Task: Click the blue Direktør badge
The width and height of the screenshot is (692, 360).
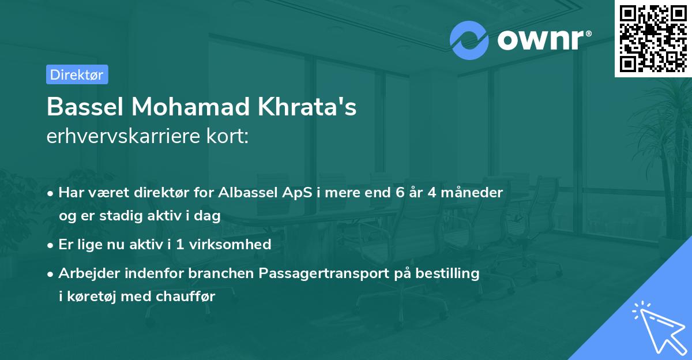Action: (77, 74)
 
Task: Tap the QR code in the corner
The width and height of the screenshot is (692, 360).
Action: (653, 38)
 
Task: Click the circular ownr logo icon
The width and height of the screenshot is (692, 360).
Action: (469, 40)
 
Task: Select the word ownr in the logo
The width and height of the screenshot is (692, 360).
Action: (540, 40)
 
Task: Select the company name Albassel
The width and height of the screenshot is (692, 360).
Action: (249, 192)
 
